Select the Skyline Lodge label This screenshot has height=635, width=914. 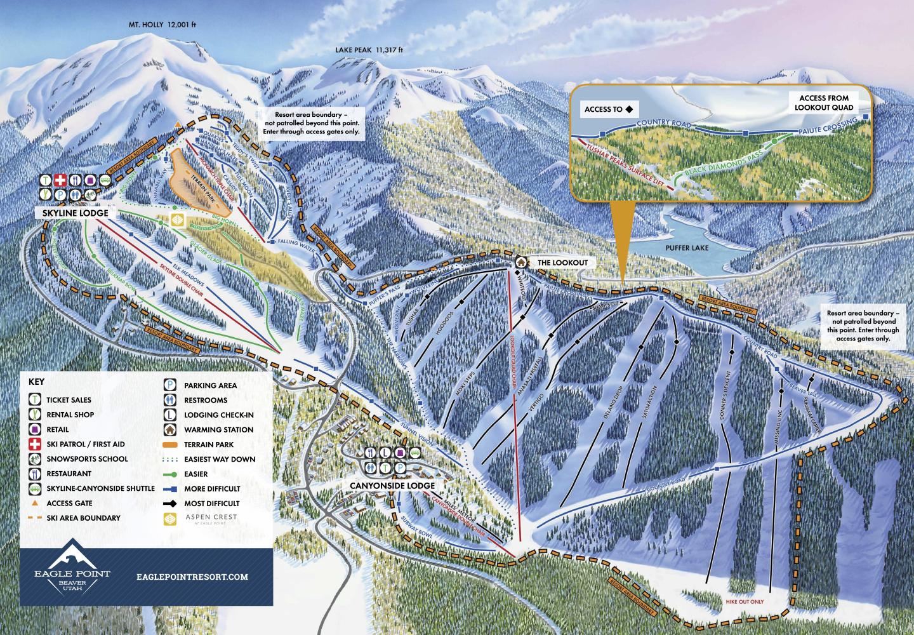(71, 213)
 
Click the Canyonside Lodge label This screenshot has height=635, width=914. (392, 486)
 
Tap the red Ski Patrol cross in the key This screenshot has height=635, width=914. (34, 444)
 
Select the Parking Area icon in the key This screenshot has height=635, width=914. (170, 385)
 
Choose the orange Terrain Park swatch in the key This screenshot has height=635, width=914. (170, 444)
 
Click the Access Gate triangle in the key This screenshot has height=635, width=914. (34, 503)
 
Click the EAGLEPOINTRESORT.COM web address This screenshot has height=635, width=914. (192, 577)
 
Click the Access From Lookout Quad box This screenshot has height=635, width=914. (824, 103)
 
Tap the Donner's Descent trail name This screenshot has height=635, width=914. (728, 388)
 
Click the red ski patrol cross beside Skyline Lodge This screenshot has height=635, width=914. (60, 180)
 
